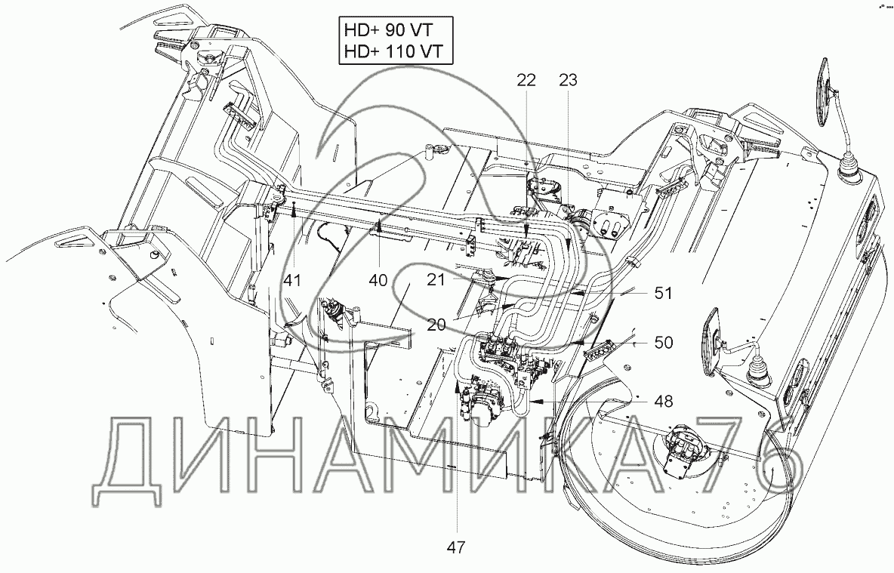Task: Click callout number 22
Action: coord(526,80)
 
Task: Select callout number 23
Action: coord(568,80)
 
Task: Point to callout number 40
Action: coord(378,280)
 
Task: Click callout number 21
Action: coord(436,280)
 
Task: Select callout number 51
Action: coord(663,293)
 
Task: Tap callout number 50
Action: coord(663,343)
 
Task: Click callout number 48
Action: coord(663,402)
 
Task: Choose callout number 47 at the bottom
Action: coord(456,547)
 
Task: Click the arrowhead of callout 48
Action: coord(535,402)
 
